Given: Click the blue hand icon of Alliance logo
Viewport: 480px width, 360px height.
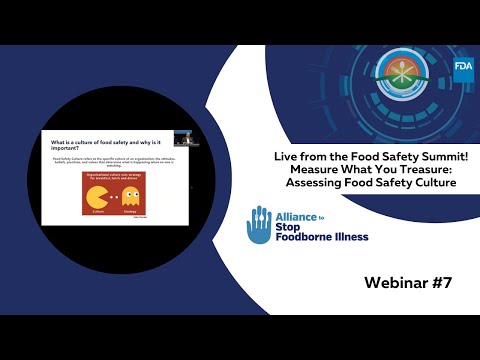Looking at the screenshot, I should [258, 226].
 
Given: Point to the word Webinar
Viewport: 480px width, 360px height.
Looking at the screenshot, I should [397, 282].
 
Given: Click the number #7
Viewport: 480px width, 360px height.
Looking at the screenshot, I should [443, 282].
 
